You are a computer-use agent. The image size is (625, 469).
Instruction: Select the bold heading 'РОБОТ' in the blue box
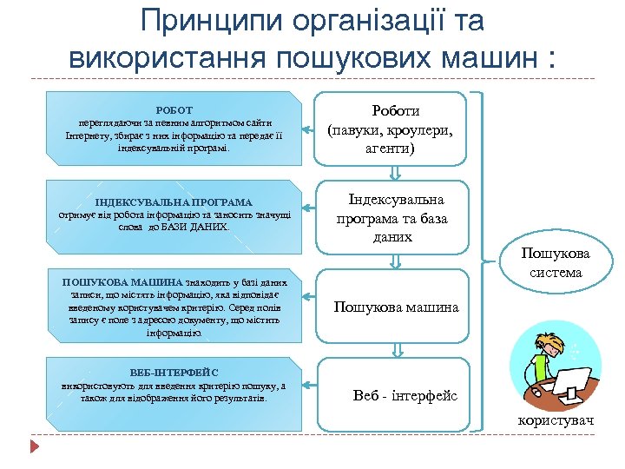tap(174, 111)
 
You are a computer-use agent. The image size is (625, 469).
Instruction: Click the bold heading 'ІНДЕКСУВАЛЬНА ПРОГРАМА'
tap(174, 202)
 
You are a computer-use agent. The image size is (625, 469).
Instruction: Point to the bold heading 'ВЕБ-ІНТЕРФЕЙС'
tap(174, 373)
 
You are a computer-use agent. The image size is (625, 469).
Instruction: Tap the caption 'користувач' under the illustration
tap(556, 421)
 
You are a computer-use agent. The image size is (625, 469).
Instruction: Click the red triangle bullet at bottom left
tap(35, 447)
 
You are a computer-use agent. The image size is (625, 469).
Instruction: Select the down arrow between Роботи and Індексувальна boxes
tap(395, 172)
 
